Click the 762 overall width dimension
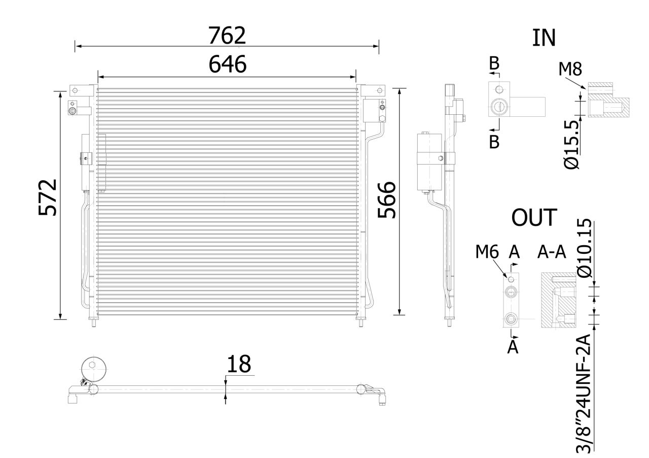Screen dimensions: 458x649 [x=227, y=35]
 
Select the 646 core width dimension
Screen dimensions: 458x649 [x=227, y=64]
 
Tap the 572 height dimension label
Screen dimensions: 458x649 [x=48, y=198]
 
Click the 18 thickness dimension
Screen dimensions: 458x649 [x=238, y=364]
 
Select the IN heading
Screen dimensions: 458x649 [x=544, y=38]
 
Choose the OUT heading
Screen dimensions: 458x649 [x=534, y=217]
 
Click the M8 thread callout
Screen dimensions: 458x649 [x=569, y=69]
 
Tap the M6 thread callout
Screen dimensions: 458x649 [x=487, y=251]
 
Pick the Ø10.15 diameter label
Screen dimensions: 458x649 [x=585, y=248]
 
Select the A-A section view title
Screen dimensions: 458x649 [x=551, y=251]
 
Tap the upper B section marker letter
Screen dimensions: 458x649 [x=494, y=63]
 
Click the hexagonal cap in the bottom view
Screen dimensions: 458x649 [x=92, y=367]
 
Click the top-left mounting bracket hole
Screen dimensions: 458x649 [x=75, y=91]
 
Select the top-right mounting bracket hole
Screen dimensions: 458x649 [x=379, y=91]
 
